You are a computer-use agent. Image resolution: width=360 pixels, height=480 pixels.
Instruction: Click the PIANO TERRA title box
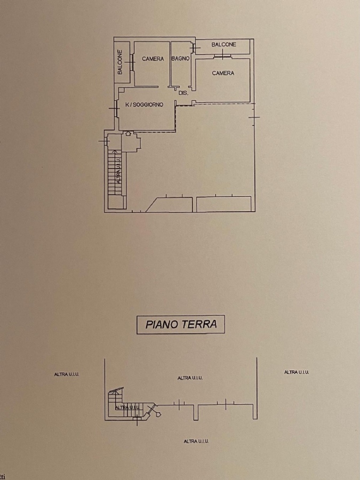point(181,324)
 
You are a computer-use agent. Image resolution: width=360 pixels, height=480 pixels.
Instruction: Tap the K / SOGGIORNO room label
point(145,105)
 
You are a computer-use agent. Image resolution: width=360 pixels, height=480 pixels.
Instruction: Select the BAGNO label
point(180,59)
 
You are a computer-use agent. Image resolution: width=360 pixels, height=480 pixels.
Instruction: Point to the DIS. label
point(183,93)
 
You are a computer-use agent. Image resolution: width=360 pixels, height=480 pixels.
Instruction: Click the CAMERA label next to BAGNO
point(153,59)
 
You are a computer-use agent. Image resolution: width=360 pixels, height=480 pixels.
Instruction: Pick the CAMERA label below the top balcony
point(223,73)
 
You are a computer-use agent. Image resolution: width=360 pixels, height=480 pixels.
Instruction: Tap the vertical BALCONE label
point(119,62)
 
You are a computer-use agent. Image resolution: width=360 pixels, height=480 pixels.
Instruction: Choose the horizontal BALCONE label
point(224,45)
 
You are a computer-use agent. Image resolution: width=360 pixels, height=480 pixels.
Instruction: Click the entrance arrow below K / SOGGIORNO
point(128,133)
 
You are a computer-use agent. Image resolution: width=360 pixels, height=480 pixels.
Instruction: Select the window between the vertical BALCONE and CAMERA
point(132,62)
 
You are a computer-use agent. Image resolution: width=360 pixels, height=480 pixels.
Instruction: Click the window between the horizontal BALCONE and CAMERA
point(222,55)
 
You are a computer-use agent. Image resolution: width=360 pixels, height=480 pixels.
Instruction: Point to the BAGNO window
point(194,48)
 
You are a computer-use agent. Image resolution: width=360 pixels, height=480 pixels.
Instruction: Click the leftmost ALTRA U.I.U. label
point(67,374)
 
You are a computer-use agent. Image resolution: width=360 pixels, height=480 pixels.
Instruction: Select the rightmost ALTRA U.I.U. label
point(297,372)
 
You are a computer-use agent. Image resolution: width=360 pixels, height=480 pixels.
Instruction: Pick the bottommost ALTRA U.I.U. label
point(196,442)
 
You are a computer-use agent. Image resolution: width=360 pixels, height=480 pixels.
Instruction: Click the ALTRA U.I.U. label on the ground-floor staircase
point(127,407)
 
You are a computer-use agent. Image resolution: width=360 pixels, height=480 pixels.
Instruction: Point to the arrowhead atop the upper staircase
point(115,151)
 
